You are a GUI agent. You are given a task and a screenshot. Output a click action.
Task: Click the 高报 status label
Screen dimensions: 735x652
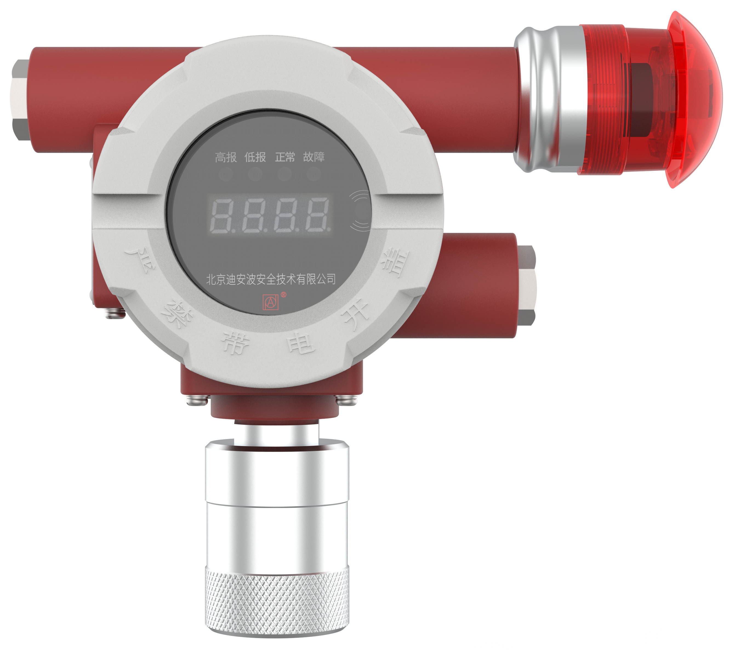click(x=226, y=157)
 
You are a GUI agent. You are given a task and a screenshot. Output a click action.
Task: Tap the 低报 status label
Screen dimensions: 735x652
click(x=255, y=157)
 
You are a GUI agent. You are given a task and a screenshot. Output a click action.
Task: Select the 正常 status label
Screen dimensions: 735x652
click(x=285, y=157)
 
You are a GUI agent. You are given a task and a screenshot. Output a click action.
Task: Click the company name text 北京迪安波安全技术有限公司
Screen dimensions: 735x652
click(x=271, y=279)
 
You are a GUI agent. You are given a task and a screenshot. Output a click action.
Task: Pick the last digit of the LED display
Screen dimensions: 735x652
click(x=318, y=215)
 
